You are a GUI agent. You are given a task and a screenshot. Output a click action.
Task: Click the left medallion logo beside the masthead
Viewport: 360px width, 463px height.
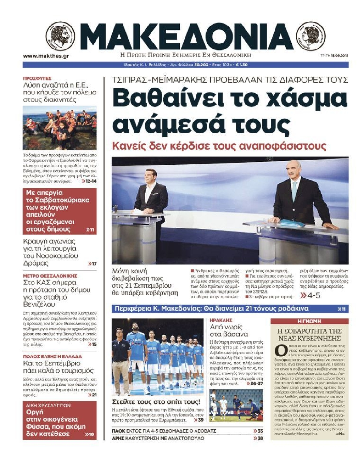coord(60,36)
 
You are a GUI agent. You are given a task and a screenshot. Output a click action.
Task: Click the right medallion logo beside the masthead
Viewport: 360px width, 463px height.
coord(311,36)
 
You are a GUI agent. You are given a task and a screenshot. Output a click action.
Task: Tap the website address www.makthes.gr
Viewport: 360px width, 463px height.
coord(46,56)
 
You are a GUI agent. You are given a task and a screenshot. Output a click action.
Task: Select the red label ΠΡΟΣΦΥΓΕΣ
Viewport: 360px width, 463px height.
coord(37,78)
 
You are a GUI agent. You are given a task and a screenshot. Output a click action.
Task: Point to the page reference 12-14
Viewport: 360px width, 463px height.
coord(89,181)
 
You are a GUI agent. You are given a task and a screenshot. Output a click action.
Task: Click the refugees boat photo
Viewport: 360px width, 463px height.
coord(60,128)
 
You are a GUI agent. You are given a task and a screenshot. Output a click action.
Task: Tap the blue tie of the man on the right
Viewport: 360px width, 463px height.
coord(294,191)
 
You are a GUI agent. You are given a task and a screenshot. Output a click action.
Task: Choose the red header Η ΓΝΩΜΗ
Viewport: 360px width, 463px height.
coord(309,321)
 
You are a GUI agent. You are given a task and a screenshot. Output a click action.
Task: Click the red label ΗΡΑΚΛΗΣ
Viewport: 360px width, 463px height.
coord(221,320)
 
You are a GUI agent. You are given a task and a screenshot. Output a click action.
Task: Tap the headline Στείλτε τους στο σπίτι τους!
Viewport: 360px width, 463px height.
coord(156,402)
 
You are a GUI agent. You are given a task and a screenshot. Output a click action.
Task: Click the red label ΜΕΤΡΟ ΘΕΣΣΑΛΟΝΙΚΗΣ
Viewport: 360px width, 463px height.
coord(50,276)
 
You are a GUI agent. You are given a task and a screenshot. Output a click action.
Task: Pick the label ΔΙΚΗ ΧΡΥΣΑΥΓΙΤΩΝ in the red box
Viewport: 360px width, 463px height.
coord(48,405)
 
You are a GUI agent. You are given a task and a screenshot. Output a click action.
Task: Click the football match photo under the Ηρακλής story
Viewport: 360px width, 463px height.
coord(236,405)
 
